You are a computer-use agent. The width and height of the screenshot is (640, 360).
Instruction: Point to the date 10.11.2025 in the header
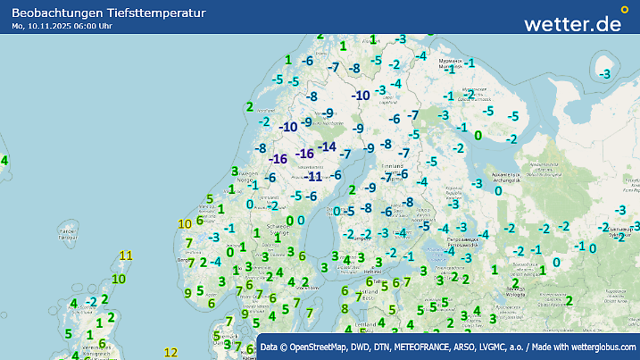(x=54, y=26)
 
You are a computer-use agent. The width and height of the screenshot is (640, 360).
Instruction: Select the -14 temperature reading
(x=328, y=147)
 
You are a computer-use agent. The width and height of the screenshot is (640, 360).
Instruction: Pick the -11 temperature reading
(x=313, y=177)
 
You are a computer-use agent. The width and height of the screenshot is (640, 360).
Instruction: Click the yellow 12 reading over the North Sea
(x=171, y=353)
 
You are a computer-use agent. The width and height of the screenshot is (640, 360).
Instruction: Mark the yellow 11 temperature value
(x=126, y=256)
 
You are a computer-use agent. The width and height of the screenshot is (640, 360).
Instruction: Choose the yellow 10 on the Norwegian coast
(x=185, y=224)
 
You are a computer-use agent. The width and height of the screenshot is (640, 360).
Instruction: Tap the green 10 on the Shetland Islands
(x=119, y=279)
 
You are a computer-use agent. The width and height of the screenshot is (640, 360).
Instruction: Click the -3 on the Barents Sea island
(x=606, y=73)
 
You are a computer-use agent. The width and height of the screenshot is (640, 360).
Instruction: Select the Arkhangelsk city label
(x=505, y=177)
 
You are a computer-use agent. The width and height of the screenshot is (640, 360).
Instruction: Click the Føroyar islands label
(x=64, y=233)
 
